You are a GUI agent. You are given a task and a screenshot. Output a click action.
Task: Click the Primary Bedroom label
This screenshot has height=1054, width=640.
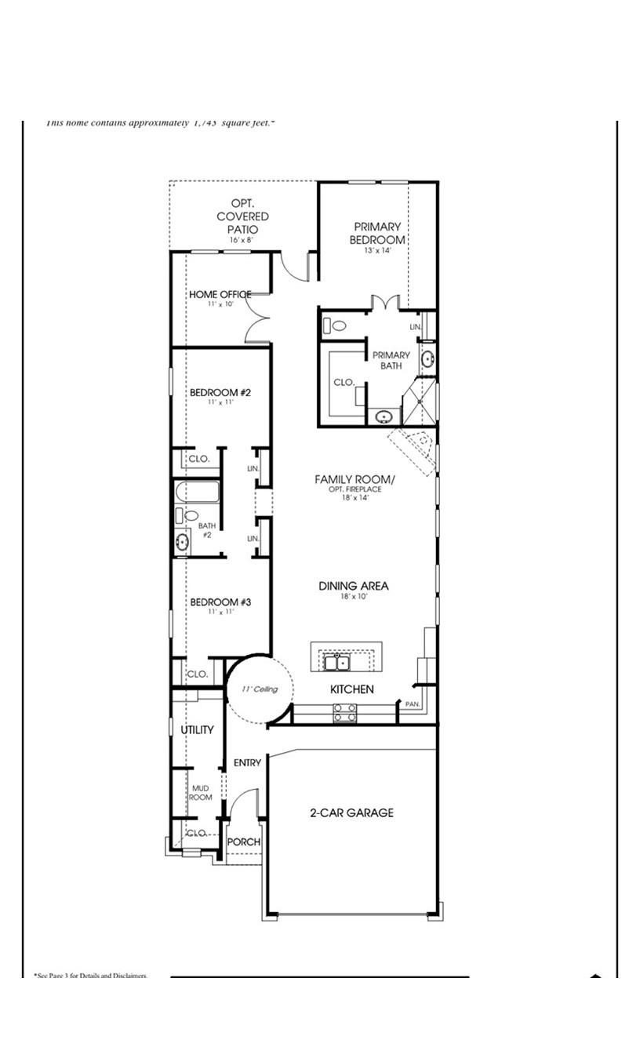tap(377, 234)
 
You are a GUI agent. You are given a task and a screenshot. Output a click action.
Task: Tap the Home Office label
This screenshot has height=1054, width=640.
tap(220, 295)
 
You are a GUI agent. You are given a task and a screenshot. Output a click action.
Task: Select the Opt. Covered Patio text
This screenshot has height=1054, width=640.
tap(242, 216)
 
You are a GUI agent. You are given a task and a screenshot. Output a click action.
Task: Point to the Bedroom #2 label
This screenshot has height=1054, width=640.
tap(220, 392)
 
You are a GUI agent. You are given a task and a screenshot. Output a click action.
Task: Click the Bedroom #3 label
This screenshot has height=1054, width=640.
tap(220, 602)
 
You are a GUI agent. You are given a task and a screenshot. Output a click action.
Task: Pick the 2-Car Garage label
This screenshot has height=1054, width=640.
tap(351, 813)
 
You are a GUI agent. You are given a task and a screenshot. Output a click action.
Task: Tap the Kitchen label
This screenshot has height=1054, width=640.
tap(351, 689)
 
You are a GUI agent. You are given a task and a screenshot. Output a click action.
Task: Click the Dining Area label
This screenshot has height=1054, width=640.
tap(353, 586)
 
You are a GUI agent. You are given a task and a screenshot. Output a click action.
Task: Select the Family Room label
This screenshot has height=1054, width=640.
tap(355, 479)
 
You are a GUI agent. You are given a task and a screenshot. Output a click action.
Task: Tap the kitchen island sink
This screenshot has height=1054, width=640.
tap(338, 663)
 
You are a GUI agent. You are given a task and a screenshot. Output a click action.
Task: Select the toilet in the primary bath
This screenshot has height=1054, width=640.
tap(338, 325)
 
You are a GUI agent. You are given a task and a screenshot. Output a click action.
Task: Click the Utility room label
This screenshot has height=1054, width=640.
tap(197, 730)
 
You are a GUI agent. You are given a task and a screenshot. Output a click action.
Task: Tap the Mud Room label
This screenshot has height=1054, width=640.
tap(200, 793)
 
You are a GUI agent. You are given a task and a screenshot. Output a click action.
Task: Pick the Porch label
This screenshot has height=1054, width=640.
tap(243, 842)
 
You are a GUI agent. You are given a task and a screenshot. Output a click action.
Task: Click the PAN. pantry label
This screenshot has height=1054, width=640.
tap(413, 704)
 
